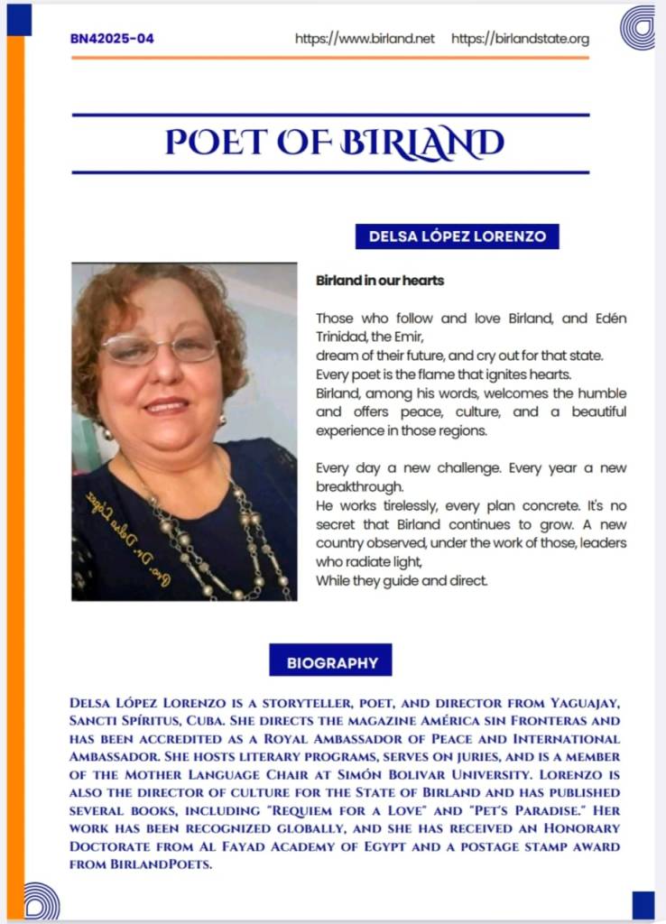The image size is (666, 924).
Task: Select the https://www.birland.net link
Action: (x=365, y=39)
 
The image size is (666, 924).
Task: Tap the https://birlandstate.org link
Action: (x=520, y=39)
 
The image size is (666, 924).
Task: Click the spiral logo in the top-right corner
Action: (x=637, y=27)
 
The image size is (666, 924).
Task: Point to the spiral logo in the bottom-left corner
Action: (x=42, y=901)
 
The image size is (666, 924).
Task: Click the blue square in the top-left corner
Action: (x=19, y=19)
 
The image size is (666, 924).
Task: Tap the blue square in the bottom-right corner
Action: (x=643, y=904)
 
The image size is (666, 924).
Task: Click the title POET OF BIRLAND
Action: (x=334, y=143)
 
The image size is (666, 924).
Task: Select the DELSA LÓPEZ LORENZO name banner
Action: (x=458, y=236)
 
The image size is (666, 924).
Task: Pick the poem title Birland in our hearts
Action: (x=380, y=281)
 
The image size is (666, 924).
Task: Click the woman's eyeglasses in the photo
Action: (x=159, y=348)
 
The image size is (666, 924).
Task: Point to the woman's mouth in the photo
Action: (x=167, y=405)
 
